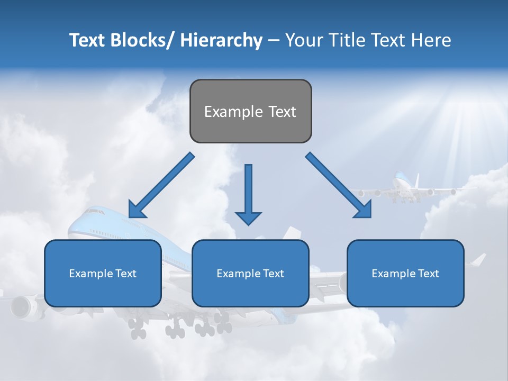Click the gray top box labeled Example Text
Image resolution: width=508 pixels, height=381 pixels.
click(x=250, y=111)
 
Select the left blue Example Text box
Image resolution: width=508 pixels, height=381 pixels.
click(x=103, y=273)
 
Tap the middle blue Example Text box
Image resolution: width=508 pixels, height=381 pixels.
click(x=250, y=273)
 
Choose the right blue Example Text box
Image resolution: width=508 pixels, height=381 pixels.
click(x=405, y=273)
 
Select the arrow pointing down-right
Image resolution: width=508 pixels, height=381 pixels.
click(x=339, y=185)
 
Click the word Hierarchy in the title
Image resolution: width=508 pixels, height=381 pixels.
click(x=221, y=40)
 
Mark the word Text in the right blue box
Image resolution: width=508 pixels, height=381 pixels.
click(x=428, y=274)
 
